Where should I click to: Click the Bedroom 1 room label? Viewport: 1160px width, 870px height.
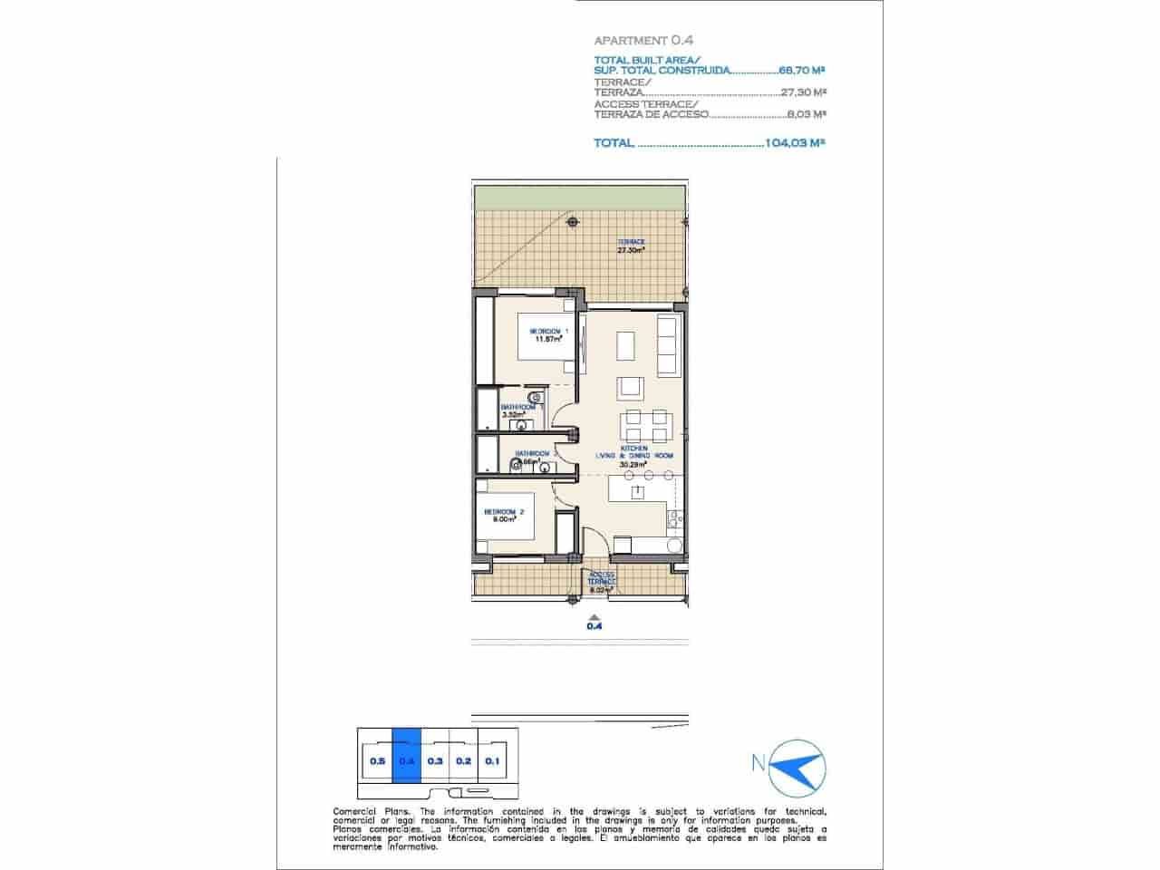point(549,331)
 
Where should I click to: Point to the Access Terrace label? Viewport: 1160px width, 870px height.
point(602,578)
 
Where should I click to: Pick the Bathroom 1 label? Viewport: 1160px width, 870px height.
point(523,407)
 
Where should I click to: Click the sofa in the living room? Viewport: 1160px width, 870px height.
point(666,346)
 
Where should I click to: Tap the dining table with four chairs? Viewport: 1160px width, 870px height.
point(646,424)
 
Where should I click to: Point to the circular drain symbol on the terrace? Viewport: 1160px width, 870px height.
point(571,221)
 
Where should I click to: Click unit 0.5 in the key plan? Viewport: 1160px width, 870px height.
point(377,761)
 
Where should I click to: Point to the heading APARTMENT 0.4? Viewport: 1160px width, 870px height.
point(643,40)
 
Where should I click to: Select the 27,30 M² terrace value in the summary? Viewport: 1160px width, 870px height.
point(803,92)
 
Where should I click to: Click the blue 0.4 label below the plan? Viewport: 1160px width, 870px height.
point(594,624)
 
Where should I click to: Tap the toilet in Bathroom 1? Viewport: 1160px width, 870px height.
point(536,398)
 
